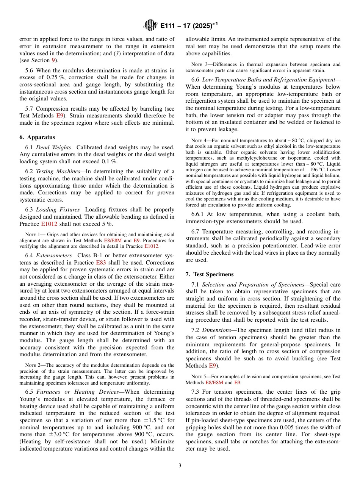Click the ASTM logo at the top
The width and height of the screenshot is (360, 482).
[x=150, y=25]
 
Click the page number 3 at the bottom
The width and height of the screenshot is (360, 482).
[x=180, y=465]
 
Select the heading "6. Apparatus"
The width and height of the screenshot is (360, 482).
[x=37, y=137]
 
